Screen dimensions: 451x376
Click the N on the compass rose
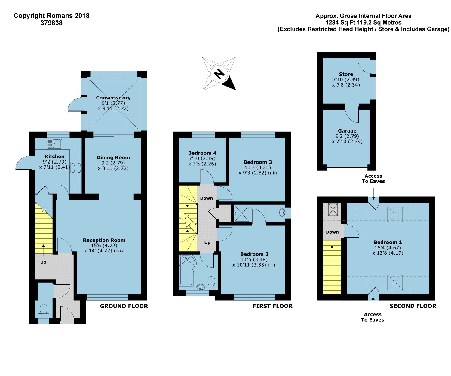coord(219,74)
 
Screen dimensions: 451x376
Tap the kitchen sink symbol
coord(54,143)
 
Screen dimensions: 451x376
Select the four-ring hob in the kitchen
coord(76,168)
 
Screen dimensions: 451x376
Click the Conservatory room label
coord(113,98)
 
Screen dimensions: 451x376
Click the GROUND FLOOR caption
coord(124,306)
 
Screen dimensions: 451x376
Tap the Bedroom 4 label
coord(202,153)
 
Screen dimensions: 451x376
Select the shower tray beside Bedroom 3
coord(242,213)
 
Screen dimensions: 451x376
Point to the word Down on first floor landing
coord(206,198)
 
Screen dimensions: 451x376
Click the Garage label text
coord(347,131)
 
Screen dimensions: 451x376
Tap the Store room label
coord(346,74)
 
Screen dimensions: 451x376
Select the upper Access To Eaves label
coord(373,179)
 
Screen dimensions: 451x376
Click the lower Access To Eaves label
coord(373,317)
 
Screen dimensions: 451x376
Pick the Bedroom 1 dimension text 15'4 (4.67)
coord(388,247)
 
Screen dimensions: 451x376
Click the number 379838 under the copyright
coord(51,23)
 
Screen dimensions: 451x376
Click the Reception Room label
coord(104,240)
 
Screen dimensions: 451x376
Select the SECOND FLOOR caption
coord(413,306)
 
